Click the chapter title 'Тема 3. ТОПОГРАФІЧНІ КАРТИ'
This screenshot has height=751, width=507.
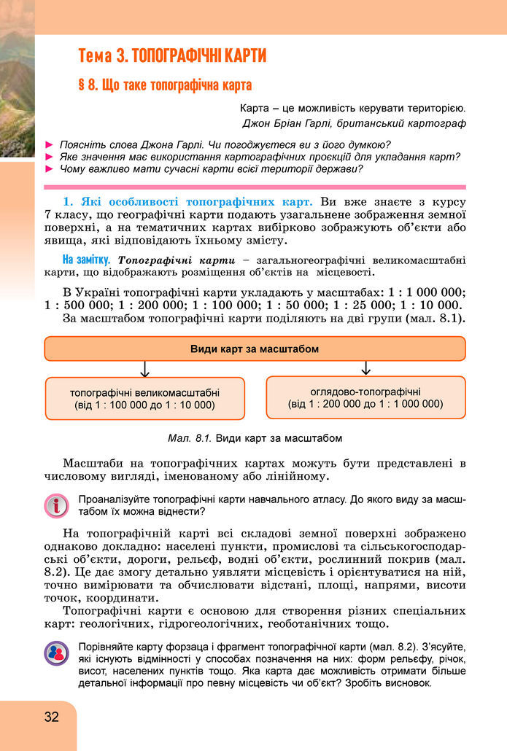(172, 55)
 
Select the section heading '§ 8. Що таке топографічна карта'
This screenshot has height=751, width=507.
(165, 84)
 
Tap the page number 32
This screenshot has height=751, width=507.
(51, 716)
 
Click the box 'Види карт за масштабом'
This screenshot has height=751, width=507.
(255, 349)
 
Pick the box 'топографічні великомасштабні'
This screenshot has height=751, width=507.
(144, 397)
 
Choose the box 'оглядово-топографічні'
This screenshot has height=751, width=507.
(365, 397)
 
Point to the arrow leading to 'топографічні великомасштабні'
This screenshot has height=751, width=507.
(144, 368)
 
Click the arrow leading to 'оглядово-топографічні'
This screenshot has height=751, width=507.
(365, 367)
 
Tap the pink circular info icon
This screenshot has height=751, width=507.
(55, 505)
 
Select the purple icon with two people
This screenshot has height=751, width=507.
(55, 653)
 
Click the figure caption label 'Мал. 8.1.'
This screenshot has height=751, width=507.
(189, 438)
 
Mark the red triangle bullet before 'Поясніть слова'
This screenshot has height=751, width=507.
(50, 144)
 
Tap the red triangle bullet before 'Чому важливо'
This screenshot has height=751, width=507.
(50, 169)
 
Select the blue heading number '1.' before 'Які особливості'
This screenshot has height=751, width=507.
(69, 201)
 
